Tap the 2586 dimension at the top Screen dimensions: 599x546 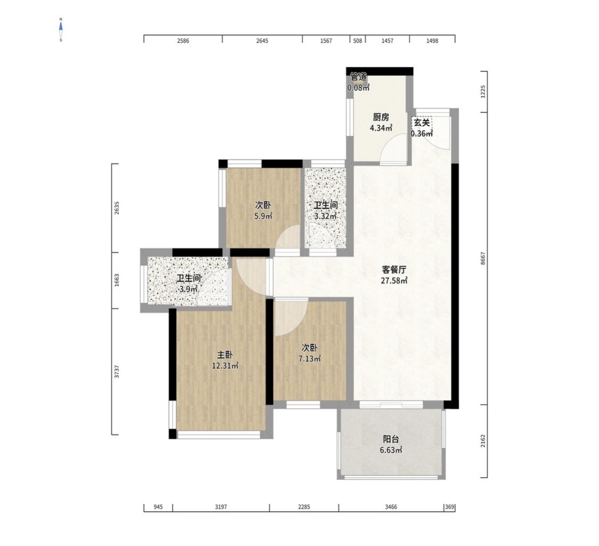coord(183,41)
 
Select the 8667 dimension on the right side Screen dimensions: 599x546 coord(483,258)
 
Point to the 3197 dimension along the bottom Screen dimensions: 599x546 coord(221,507)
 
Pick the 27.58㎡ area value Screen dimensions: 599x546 coord(394,280)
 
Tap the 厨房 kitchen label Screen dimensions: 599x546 coord(381,117)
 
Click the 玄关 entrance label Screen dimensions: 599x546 coord(422,123)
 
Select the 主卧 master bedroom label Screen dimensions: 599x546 coord(225,355)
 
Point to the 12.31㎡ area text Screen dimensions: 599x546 coord(225,366)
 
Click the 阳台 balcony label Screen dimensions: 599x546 coord(391,439)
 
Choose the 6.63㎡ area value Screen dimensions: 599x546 coord(391,451)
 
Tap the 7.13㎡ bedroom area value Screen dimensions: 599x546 coord(309,359)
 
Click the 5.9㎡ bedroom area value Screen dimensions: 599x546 coord(263,216)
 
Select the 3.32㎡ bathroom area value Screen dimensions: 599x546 coord(325,216)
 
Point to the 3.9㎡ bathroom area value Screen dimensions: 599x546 coord(188,289)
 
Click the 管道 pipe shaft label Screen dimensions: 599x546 coord(359,77)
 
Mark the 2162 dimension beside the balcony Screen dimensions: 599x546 coord(483,441)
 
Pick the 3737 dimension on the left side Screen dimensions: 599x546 coord(117,372)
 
